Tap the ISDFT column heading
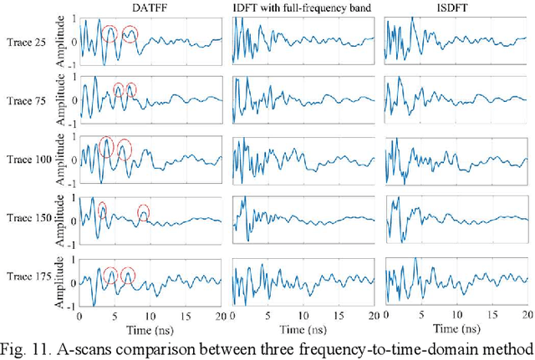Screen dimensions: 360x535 (455, 8)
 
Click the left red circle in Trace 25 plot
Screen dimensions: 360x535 (110, 34)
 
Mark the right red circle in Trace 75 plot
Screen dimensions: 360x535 (130, 90)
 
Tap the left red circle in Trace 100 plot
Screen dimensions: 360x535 (106, 146)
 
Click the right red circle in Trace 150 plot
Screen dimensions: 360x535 (144, 214)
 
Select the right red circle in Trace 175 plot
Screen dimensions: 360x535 (128, 274)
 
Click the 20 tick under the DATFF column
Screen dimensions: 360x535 (220, 317)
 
